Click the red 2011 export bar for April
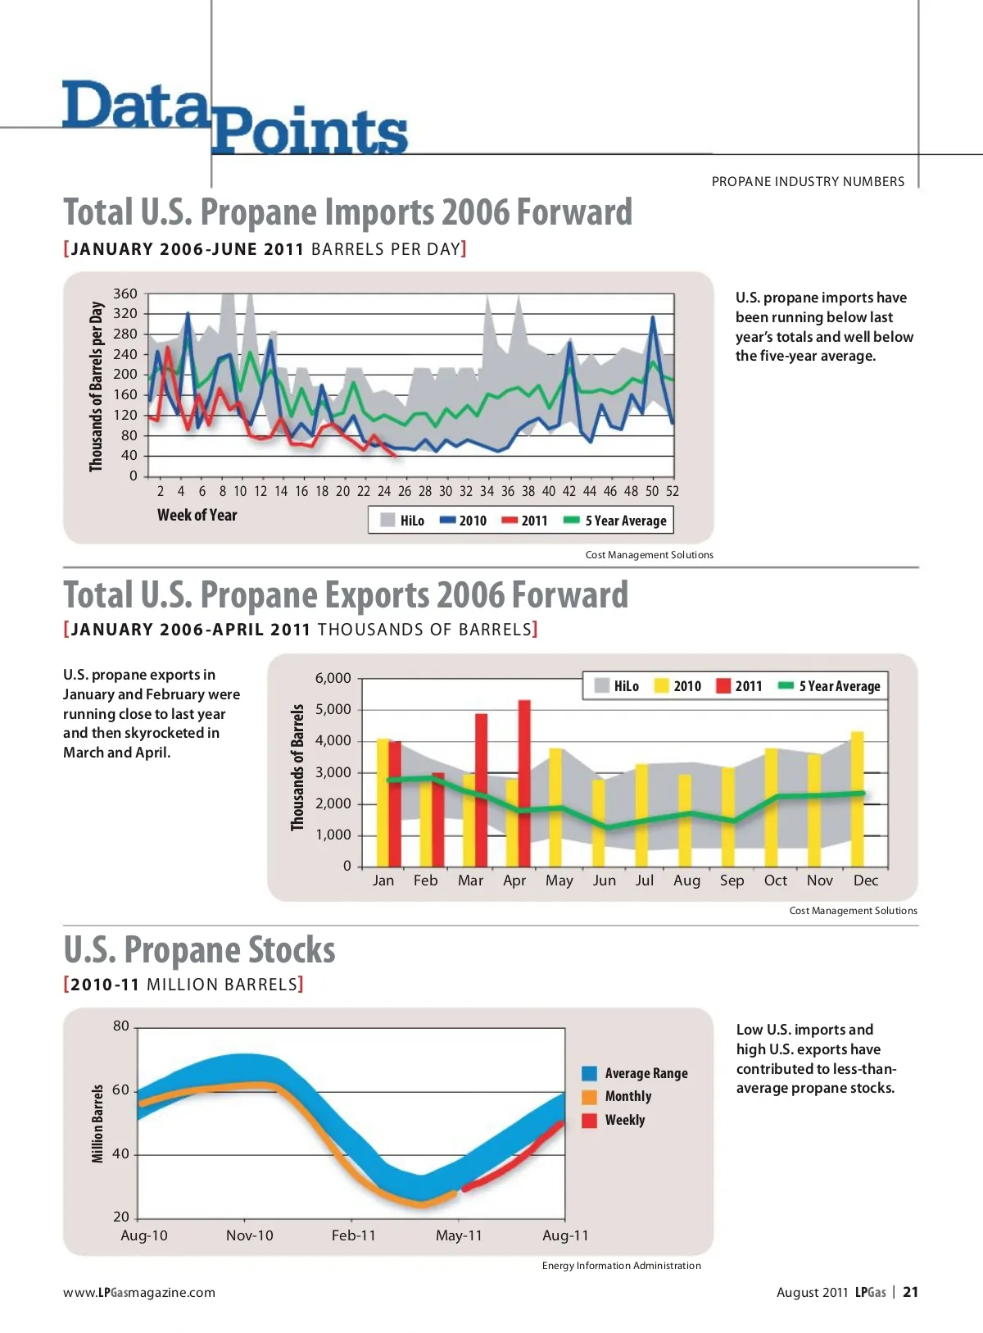pyautogui.click(x=524, y=783)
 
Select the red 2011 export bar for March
pyautogui.click(x=481, y=789)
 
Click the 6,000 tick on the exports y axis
pyautogui.click(x=333, y=678)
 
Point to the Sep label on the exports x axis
pyautogui.click(x=732, y=880)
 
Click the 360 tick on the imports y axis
pyautogui.click(x=125, y=293)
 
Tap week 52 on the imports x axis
pyautogui.click(x=672, y=491)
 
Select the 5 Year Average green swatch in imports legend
pyautogui.click(x=572, y=520)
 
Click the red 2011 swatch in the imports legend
pyautogui.click(x=510, y=520)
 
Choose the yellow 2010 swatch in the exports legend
pyautogui.click(x=662, y=686)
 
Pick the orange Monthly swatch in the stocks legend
pyautogui.click(x=589, y=1097)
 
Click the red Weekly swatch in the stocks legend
pyautogui.click(x=589, y=1121)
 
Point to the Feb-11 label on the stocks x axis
pyautogui.click(x=353, y=1235)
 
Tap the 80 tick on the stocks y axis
pyautogui.click(x=121, y=1026)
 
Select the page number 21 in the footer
pyautogui.click(x=910, y=1292)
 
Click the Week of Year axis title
pyautogui.click(x=197, y=515)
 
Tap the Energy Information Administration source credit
pyautogui.click(x=621, y=1266)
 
